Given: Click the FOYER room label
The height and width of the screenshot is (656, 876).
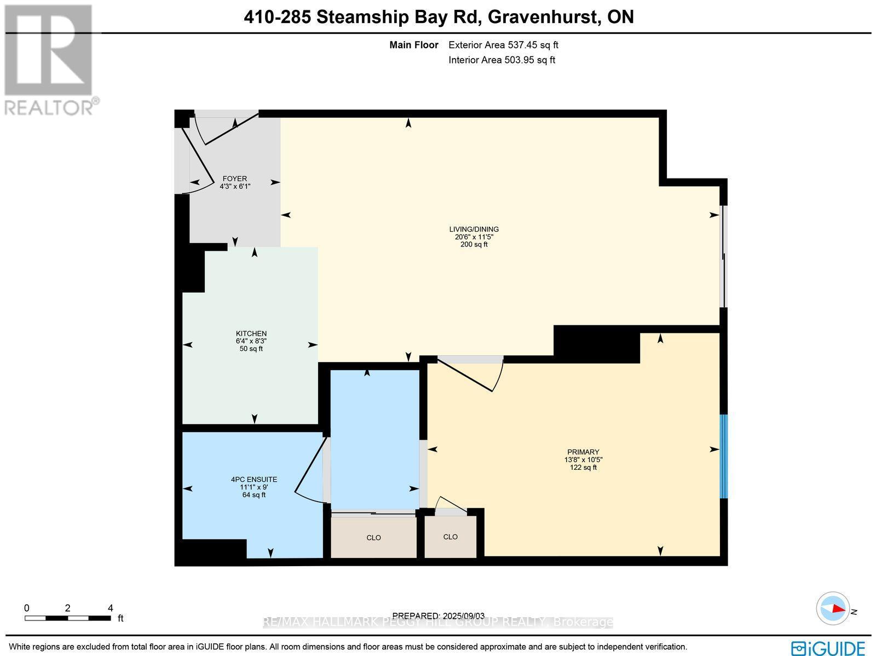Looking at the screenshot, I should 234,179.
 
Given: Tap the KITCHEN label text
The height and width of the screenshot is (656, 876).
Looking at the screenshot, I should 251,333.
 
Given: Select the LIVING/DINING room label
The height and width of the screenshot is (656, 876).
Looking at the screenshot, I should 474,229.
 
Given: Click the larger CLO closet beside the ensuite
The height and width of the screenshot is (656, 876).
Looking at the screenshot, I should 373,538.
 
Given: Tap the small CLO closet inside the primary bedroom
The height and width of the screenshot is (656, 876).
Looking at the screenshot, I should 450,537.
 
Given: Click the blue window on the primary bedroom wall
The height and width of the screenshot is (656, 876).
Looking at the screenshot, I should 723,456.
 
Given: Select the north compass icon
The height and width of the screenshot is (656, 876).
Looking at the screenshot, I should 833,608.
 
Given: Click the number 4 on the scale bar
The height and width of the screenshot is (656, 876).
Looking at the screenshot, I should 111,608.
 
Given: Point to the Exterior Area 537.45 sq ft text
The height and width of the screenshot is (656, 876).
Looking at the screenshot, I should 503,45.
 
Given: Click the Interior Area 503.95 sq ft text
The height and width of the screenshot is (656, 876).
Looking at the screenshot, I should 502,60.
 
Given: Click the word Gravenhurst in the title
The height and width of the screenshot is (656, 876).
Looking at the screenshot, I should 541,17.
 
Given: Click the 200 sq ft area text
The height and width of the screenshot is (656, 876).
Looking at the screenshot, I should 474,245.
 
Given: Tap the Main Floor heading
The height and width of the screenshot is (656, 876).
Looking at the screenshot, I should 413,45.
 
